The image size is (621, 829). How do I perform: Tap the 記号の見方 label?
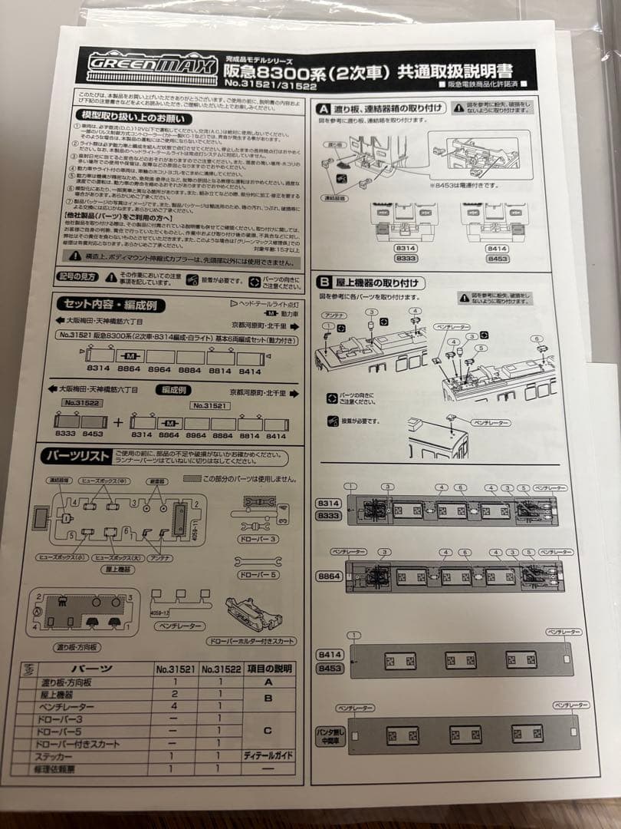pyautogui.click(x=77, y=276)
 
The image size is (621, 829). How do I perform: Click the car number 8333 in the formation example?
pyautogui.click(x=67, y=434)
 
